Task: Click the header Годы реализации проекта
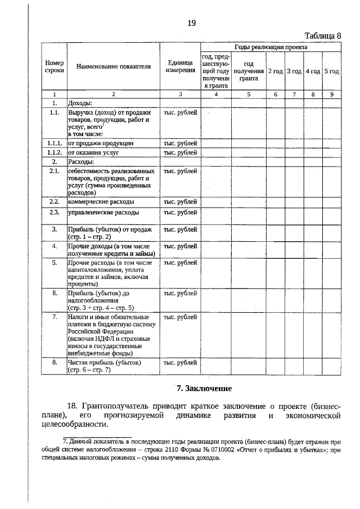tap(271, 48)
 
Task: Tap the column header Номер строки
tap(54, 66)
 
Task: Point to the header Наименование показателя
tap(114, 66)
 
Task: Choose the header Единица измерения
tap(180, 66)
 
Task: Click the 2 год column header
tap(276, 71)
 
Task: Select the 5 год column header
tap(331, 71)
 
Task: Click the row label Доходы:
tap(80, 103)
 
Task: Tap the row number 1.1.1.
tap(54, 143)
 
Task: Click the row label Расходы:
tap(81, 161)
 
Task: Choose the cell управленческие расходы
tap(103, 213)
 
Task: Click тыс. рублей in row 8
tap(180, 363)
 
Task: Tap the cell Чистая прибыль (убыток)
tap(104, 363)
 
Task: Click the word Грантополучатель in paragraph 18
tap(117, 406)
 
